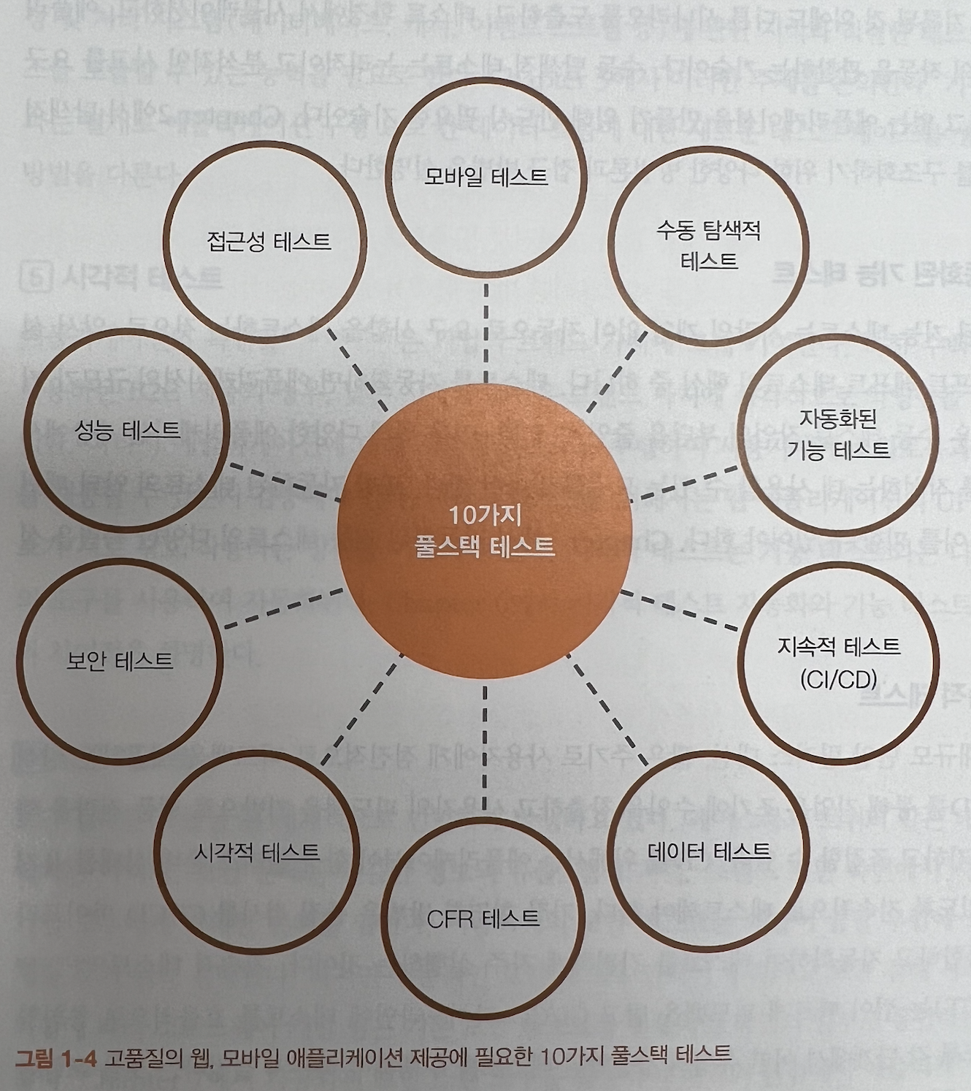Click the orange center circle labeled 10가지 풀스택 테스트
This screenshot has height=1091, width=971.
click(x=485, y=529)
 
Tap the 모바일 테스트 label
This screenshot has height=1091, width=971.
click(x=485, y=177)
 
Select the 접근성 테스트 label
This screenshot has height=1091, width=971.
click(x=268, y=241)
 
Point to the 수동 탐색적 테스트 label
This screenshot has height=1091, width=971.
click(x=708, y=245)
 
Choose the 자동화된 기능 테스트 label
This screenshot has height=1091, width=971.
click(x=837, y=434)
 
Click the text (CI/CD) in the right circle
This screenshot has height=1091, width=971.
click(x=838, y=680)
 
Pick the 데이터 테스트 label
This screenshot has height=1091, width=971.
click(x=709, y=851)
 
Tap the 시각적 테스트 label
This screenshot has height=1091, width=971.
click(x=256, y=851)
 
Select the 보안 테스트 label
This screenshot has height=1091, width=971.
click(x=120, y=661)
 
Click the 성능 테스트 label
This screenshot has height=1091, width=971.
click(x=127, y=430)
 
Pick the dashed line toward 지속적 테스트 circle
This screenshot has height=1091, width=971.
click(x=679, y=610)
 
